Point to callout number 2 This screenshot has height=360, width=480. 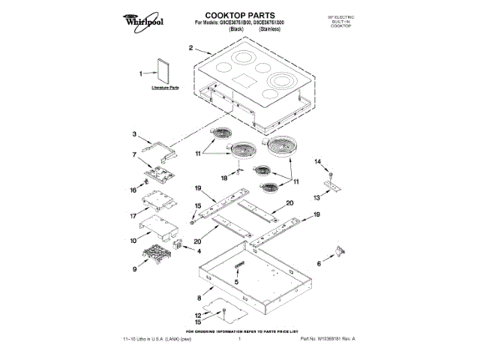click(190, 49)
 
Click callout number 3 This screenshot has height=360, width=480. click(134, 135)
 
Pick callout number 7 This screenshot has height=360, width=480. click(134, 154)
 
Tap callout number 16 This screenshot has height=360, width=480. click(133, 191)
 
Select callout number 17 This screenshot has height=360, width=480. click(133, 216)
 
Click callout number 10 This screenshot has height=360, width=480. click(133, 241)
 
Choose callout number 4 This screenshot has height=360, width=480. click(199, 250)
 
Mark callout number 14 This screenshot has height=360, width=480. click(317, 162)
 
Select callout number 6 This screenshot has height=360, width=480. click(319, 263)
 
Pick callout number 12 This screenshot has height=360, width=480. click(199, 315)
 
